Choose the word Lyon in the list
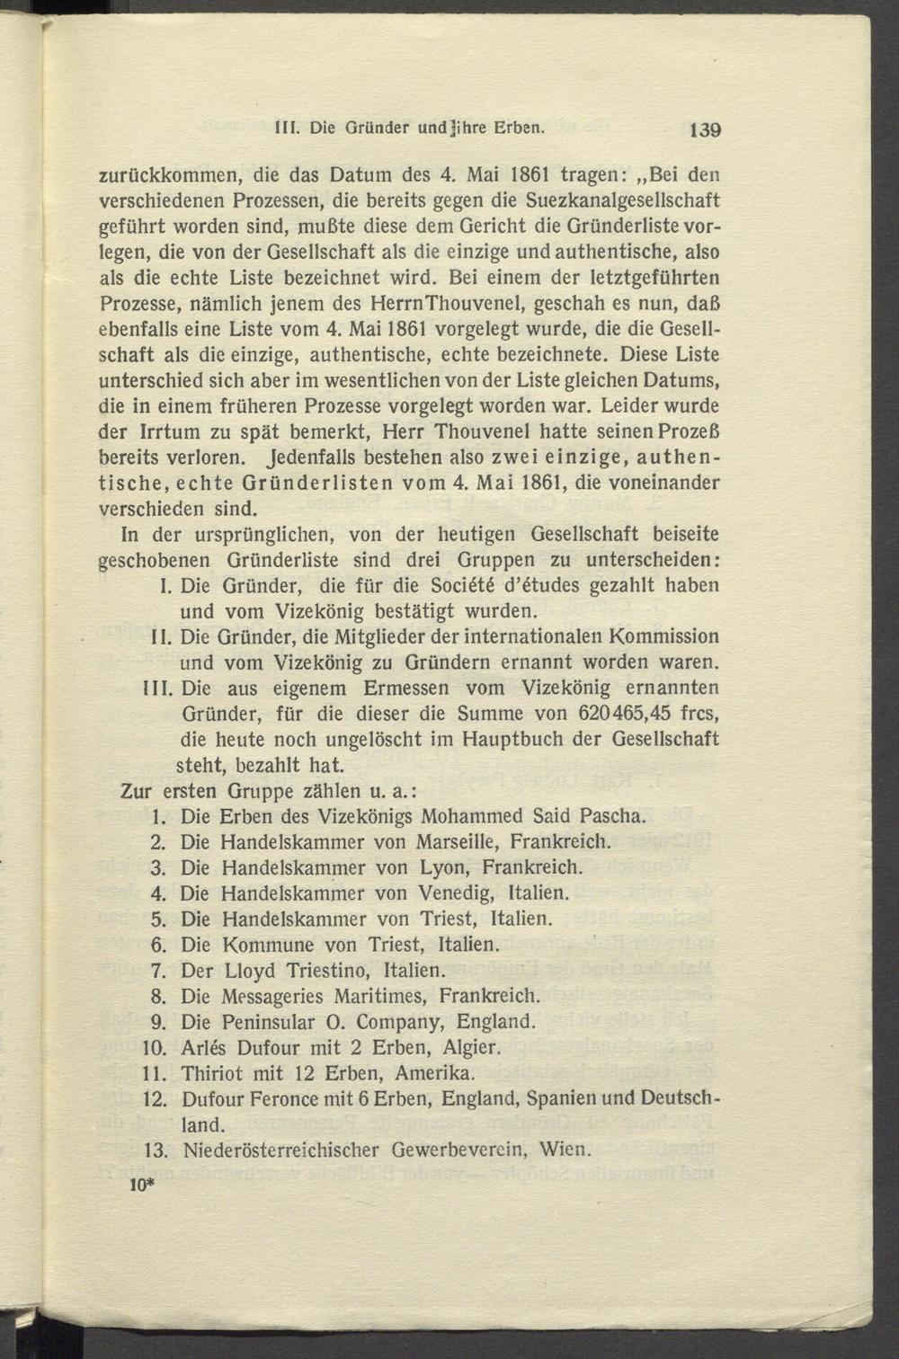(x=444, y=868)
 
